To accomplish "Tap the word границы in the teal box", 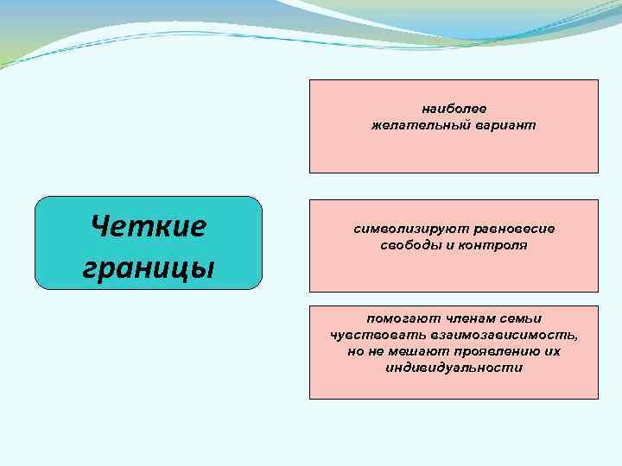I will (x=148, y=266).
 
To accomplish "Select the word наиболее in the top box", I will (x=454, y=109).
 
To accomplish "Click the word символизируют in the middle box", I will (x=403, y=229).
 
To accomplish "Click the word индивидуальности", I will (x=454, y=368).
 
